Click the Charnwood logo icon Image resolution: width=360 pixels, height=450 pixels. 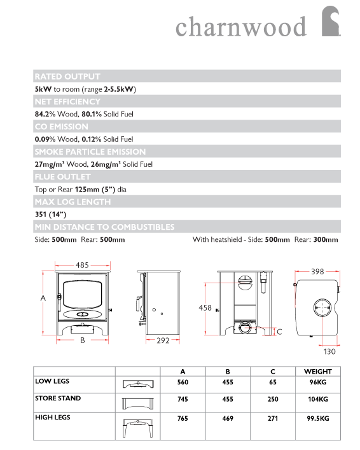[x=331, y=21]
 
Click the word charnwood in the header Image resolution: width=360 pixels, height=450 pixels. [x=241, y=27]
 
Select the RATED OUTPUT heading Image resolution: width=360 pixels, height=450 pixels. [x=67, y=76]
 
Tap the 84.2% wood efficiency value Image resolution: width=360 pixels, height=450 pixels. [x=45, y=114]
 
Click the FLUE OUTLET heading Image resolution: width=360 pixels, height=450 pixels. [x=62, y=177]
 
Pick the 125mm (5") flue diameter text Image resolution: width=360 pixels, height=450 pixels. [x=95, y=190]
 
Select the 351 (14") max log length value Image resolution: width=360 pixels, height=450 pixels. [x=50, y=214]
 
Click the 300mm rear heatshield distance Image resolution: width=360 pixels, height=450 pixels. [x=326, y=239]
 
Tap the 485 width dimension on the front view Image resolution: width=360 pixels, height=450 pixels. [x=82, y=265]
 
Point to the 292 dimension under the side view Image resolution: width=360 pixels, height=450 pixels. [x=163, y=341]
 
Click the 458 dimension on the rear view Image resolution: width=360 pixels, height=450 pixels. [x=205, y=307]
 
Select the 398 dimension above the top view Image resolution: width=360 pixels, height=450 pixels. [x=317, y=272]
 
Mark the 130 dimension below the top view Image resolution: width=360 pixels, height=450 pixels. [x=329, y=351]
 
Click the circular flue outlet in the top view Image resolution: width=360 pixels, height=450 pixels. [x=322, y=307]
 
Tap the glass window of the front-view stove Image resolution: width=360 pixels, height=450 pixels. [x=83, y=295]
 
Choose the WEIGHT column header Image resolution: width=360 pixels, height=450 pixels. [x=318, y=372]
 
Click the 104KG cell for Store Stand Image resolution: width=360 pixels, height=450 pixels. [x=318, y=399]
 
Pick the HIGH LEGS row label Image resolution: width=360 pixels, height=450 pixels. [x=53, y=418]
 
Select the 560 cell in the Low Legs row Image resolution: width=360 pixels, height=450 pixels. [x=183, y=383]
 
